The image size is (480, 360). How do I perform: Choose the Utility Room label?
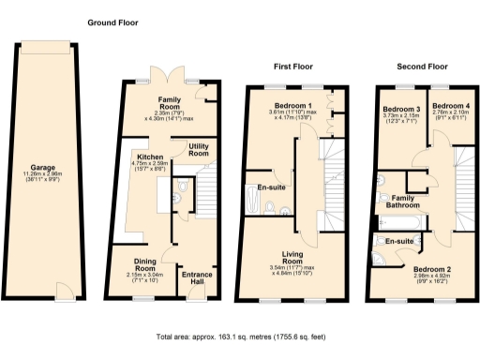tap(198, 150)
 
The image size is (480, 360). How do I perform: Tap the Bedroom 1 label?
tap(293, 106)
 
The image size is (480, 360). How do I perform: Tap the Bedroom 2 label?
tap(433, 270)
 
